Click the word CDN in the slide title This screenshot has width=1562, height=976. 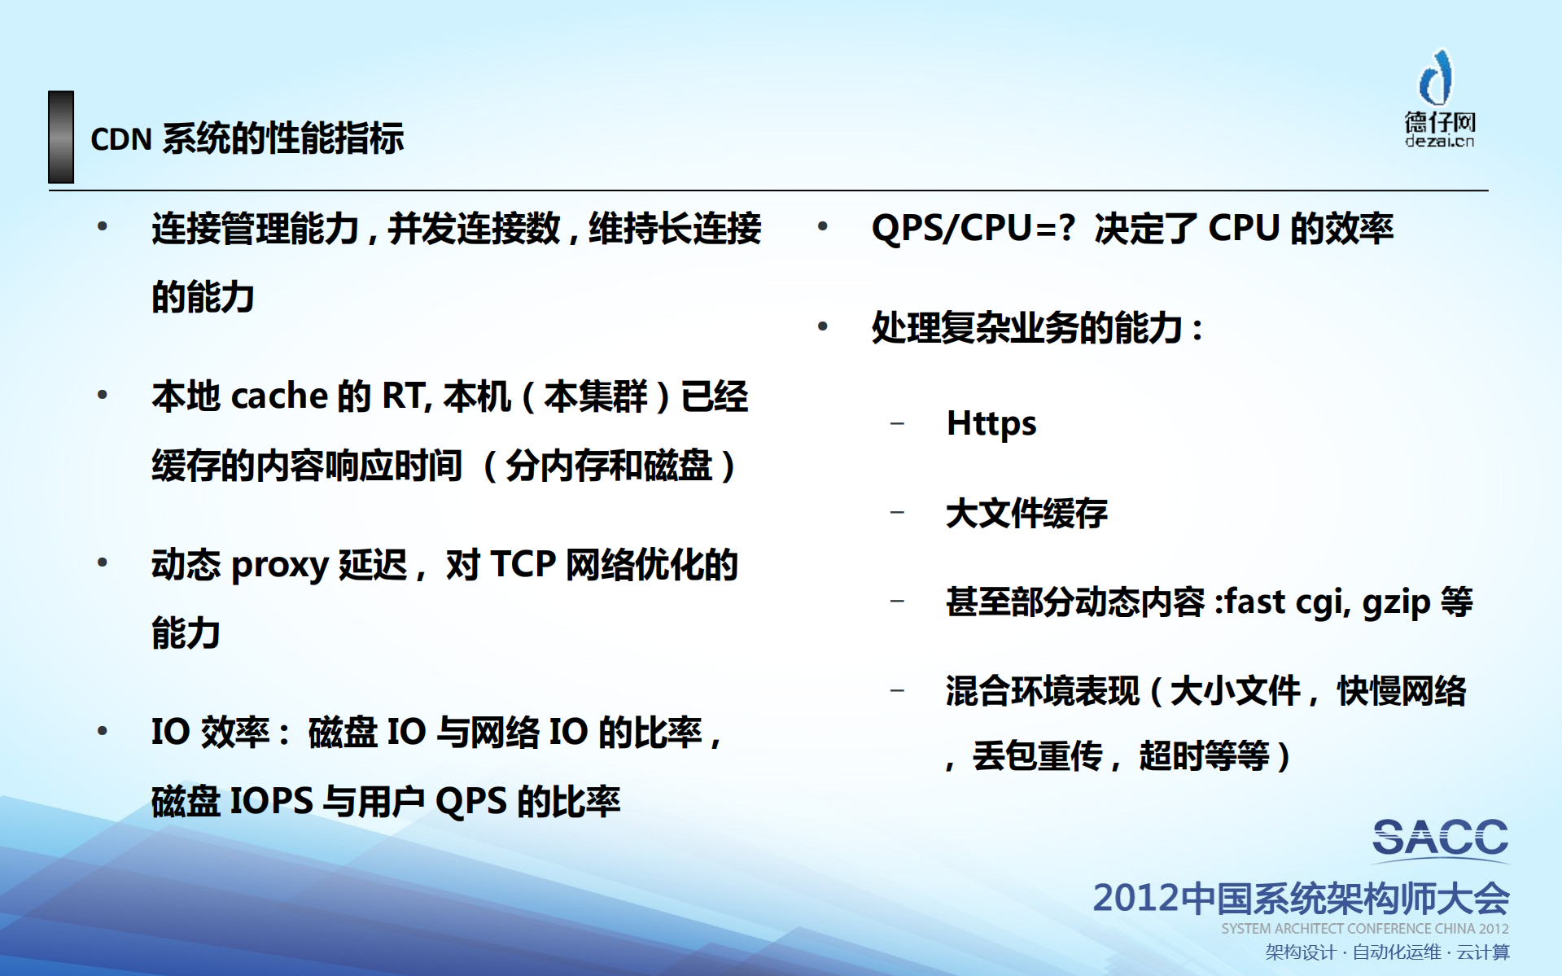120,140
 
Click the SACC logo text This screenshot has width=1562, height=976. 1440,838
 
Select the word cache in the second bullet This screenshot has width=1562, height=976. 279,397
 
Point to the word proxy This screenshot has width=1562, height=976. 279,566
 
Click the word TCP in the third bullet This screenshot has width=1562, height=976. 523,565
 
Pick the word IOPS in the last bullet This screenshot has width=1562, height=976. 272,802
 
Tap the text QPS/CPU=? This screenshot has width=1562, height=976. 974,229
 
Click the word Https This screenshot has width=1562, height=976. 991,424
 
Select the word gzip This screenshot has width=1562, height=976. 1396,603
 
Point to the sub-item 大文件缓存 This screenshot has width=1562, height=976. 1026,514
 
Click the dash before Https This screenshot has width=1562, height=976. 897,423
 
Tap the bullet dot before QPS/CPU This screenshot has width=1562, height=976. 823,227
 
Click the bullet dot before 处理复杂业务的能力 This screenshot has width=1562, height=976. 823,327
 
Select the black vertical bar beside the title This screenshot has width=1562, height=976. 61,137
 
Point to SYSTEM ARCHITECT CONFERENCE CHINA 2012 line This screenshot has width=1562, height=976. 1364,929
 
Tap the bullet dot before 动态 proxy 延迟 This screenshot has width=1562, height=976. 103,563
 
